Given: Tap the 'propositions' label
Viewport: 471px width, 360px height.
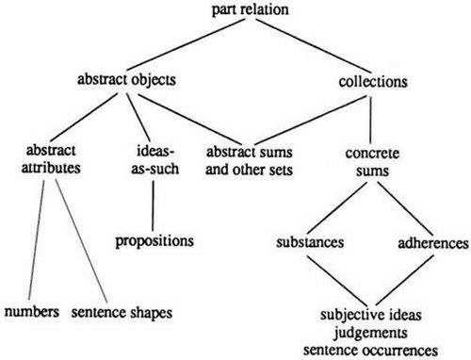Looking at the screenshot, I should pos(154,240).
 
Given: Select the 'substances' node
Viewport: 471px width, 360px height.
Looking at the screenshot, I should pos(310,241).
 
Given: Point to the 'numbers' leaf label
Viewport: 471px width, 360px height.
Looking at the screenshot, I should pos(33,309).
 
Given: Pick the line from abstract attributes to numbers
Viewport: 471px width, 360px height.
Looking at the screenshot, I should pos(42,236).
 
